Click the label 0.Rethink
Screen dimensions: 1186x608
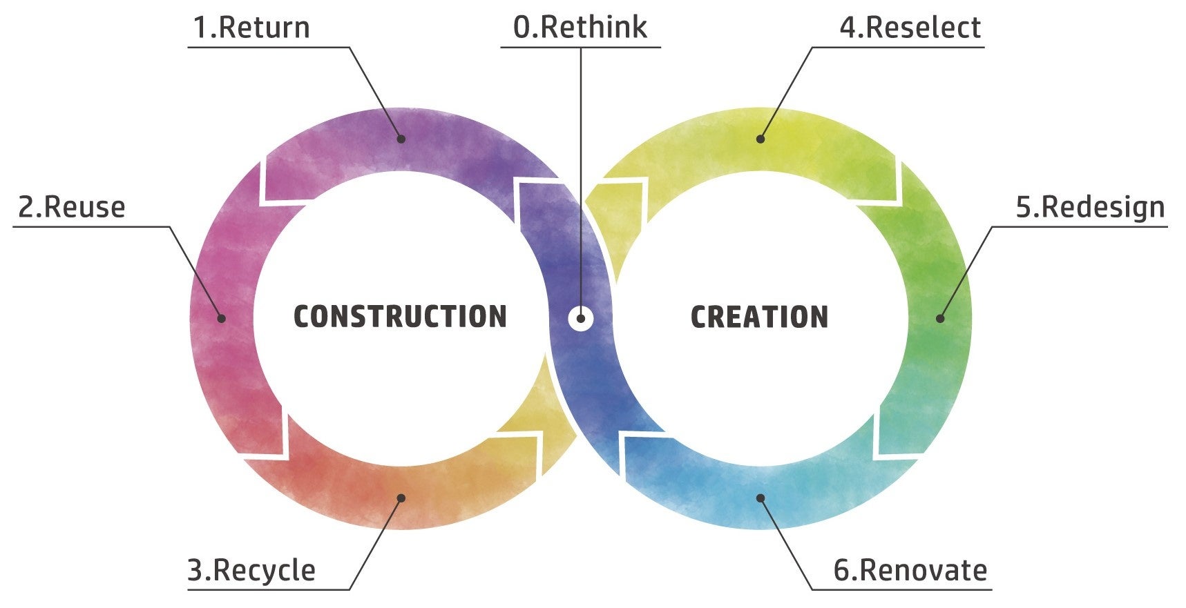pyautogui.click(x=580, y=28)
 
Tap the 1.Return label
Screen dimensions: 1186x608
pyautogui.click(x=251, y=28)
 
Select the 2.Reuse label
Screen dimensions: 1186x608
pyautogui.click(x=72, y=207)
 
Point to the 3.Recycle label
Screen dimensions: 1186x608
pyautogui.click(x=251, y=571)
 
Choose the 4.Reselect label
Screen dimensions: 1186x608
pyautogui.click(x=910, y=28)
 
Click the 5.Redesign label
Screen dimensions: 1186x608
pyautogui.click(x=1090, y=207)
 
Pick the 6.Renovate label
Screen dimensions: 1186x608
pyautogui.click(x=910, y=571)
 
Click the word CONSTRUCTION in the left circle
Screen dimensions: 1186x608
pyautogui.click(x=400, y=317)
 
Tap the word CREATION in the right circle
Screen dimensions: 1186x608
pyautogui.click(x=759, y=317)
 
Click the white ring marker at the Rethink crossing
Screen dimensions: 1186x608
pyautogui.click(x=581, y=318)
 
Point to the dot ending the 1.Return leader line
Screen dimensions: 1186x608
pyautogui.click(x=401, y=139)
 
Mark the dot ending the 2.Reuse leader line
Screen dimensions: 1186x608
pyautogui.click(x=222, y=318)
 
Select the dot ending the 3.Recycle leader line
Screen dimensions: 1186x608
pyautogui.click(x=401, y=498)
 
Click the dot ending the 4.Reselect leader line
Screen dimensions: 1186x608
pyautogui.click(x=761, y=139)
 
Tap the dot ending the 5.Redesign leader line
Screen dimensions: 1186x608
pyautogui.click(x=940, y=318)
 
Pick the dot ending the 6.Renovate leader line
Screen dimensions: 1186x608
pyautogui.click(x=761, y=498)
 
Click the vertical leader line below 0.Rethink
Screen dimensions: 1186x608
pyautogui.click(x=581, y=173)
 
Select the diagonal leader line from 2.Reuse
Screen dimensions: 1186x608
pyautogui.click(x=195, y=272)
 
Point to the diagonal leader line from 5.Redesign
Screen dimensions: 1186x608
pyautogui.click(x=966, y=272)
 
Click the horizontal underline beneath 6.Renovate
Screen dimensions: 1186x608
pyautogui.click(x=901, y=589)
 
